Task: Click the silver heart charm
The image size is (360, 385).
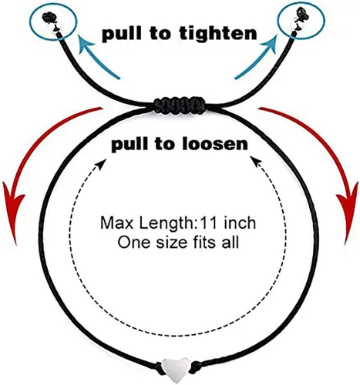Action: pyautogui.click(x=175, y=370)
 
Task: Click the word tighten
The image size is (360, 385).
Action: pyautogui.click(x=218, y=33)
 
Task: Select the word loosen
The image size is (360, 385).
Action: pyautogui.click(x=215, y=144)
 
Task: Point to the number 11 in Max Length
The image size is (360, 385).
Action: pyautogui.click(x=209, y=223)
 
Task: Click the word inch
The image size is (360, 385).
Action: pyautogui.click(x=240, y=223)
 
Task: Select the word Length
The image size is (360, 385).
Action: pyautogui.click(x=167, y=223)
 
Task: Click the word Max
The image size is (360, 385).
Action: pyautogui.click(x=117, y=223)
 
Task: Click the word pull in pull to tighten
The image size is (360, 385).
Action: pyautogui.click(x=122, y=34)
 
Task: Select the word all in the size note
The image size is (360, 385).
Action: pyautogui.click(x=230, y=242)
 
